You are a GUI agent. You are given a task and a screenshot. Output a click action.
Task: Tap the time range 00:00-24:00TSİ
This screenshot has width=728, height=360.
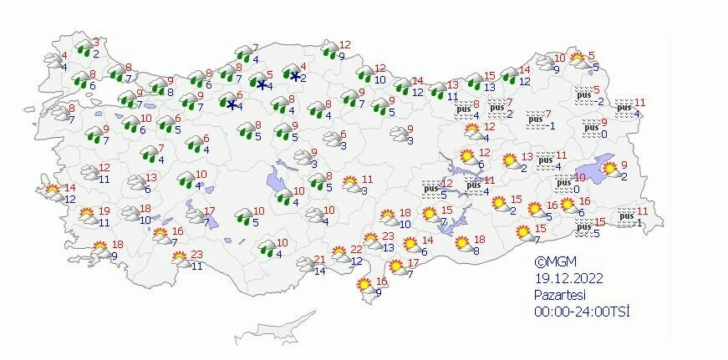click(x=582, y=312)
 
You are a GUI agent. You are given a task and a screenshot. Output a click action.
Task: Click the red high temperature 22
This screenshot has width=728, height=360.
click(x=356, y=249)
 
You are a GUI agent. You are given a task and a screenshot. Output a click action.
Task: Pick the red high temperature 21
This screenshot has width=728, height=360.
click(x=319, y=259)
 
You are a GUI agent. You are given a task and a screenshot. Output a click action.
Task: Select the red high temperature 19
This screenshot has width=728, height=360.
click(x=104, y=210)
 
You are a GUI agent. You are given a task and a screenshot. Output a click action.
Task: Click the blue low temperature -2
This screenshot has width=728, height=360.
click(x=598, y=101)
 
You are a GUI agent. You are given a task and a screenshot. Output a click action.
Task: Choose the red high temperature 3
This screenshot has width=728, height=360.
click(x=96, y=41)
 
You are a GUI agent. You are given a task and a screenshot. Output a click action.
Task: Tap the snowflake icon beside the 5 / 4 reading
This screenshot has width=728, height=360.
click(x=261, y=84)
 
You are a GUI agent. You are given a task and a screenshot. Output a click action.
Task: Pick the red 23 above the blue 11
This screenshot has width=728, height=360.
click(x=197, y=255)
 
